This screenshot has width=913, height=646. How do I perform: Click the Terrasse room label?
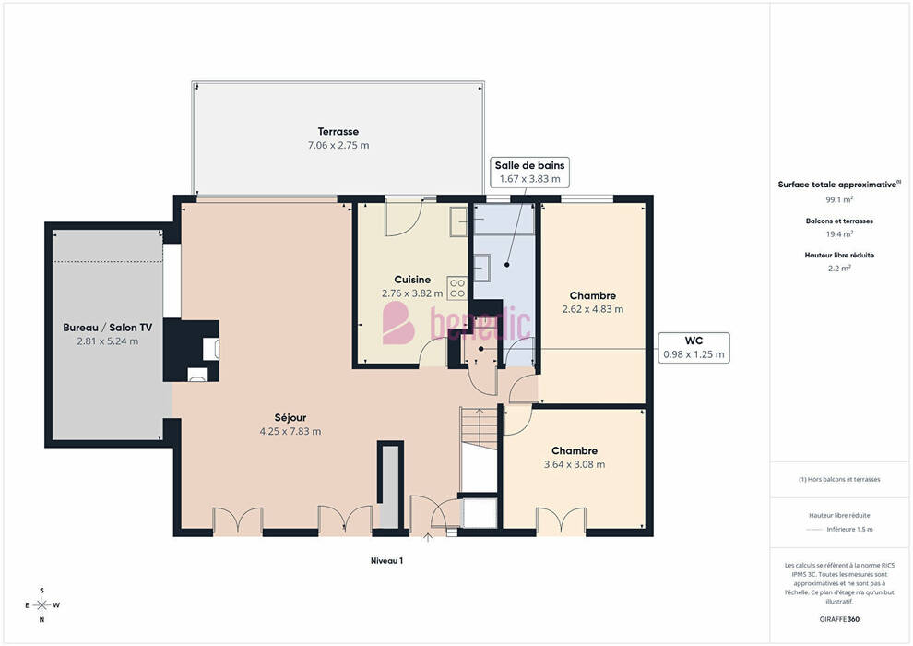(x=338, y=132)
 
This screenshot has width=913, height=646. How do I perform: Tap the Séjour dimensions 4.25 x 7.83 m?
(x=290, y=432)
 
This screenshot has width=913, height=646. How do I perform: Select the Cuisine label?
(x=412, y=280)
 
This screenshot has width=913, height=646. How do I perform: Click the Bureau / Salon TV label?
(x=108, y=328)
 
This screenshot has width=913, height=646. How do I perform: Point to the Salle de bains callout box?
(x=529, y=172)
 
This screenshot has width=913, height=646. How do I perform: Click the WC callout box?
(x=694, y=347)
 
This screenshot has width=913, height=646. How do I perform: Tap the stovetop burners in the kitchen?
(x=457, y=288)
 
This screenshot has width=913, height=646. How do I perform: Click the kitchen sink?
(x=458, y=221)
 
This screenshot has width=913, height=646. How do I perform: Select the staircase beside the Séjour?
(x=480, y=428)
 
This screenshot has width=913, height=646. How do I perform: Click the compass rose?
(x=41, y=605)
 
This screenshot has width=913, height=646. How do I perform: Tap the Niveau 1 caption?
(x=386, y=561)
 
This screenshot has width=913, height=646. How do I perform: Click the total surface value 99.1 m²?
(x=839, y=199)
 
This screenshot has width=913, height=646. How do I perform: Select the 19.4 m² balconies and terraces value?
(x=839, y=234)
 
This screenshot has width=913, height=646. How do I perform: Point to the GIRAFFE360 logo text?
(x=839, y=619)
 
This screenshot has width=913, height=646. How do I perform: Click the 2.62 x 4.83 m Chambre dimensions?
(x=593, y=309)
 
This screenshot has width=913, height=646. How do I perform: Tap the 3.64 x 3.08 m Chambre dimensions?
(x=575, y=465)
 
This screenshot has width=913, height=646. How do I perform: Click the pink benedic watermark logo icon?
(x=397, y=323)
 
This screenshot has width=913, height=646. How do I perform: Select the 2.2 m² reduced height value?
(x=839, y=269)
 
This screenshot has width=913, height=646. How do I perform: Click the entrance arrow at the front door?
(x=428, y=537)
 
